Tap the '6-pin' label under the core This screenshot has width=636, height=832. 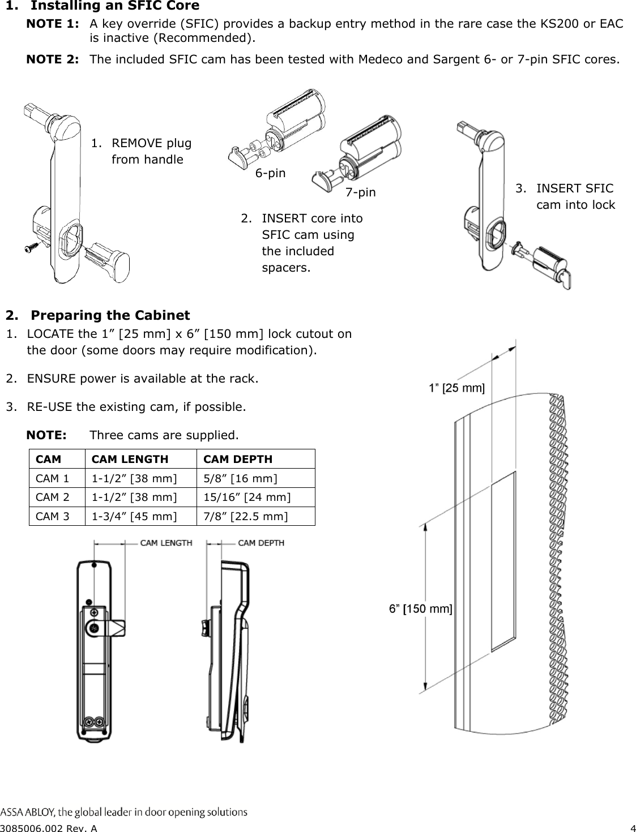(x=270, y=173)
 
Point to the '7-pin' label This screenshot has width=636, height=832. (x=360, y=193)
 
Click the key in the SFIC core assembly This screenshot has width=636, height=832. (x=564, y=277)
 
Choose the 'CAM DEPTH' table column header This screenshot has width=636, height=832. (x=237, y=459)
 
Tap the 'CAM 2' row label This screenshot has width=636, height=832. (x=53, y=498)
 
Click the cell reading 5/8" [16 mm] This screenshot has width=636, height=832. (x=240, y=479)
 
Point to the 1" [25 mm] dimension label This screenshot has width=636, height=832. (x=456, y=388)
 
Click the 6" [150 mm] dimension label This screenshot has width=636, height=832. (x=420, y=609)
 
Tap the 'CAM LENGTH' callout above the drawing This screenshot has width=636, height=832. (x=166, y=543)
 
